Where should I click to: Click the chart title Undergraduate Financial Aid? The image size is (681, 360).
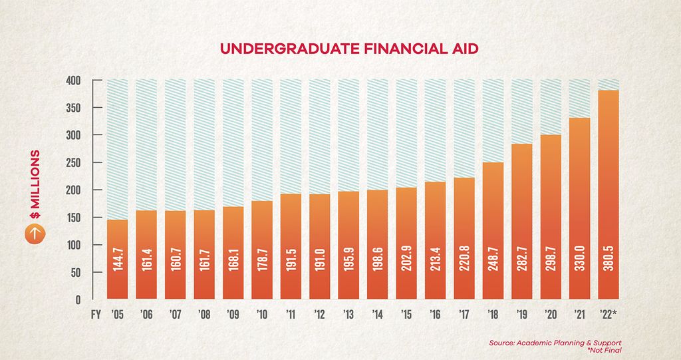pos(340,49)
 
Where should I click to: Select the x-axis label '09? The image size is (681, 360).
pos(233,315)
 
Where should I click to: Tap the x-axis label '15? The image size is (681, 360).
pos(406,315)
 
